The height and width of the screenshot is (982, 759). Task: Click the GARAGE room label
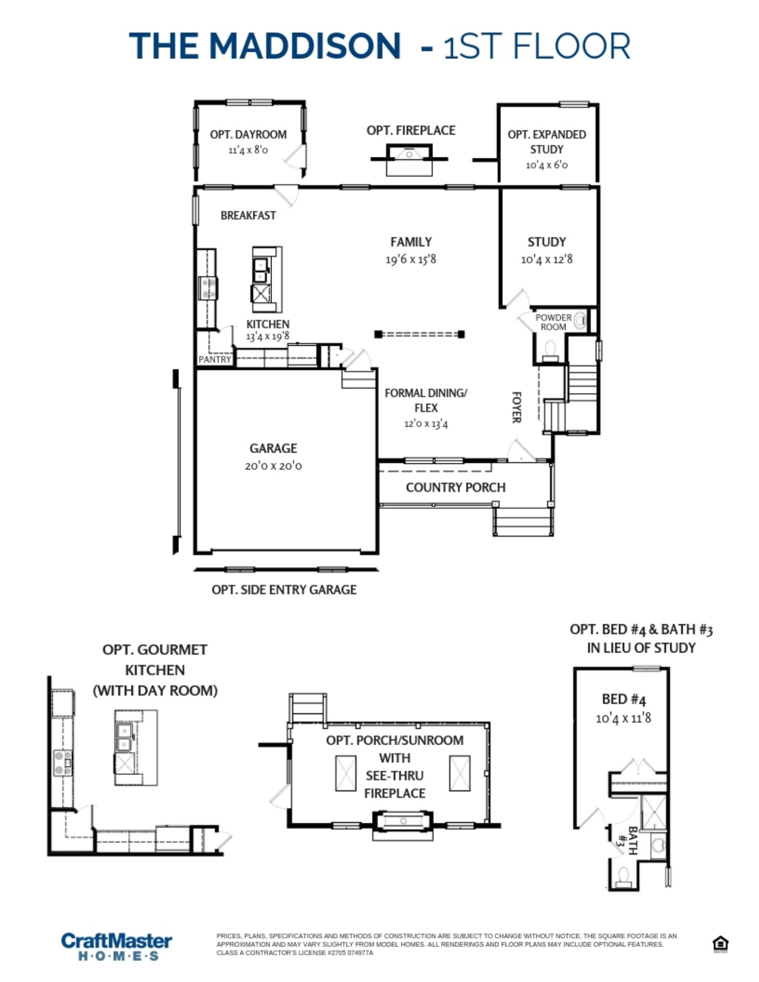(x=273, y=448)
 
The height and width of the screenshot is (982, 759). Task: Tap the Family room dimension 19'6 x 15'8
(x=411, y=259)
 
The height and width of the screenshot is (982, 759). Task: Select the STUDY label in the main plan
(x=546, y=242)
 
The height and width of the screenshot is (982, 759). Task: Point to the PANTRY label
(x=214, y=359)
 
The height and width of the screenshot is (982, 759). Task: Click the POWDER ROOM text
(x=553, y=322)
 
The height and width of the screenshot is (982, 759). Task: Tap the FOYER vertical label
(x=516, y=407)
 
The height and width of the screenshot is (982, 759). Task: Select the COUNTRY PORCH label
(x=455, y=487)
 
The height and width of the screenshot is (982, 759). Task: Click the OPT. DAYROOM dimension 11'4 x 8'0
(x=248, y=150)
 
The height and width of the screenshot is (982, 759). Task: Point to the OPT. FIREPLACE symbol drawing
(x=409, y=160)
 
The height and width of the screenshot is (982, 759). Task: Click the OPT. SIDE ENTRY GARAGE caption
(x=284, y=590)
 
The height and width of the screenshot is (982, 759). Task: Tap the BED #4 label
(x=624, y=699)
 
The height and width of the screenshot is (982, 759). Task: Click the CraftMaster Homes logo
(x=117, y=946)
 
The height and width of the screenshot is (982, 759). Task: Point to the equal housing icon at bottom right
(x=720, y=944)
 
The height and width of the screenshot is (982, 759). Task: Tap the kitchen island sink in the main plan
(x=261, y=270)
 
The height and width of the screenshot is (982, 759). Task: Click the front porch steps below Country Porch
(x=523, y=521)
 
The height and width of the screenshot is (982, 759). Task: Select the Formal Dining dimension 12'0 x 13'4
(x=426, y=424)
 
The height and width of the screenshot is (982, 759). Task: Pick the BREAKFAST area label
(x=248, y=216)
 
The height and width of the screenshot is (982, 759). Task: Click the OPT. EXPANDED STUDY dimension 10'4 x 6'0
(x=546, y=165)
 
